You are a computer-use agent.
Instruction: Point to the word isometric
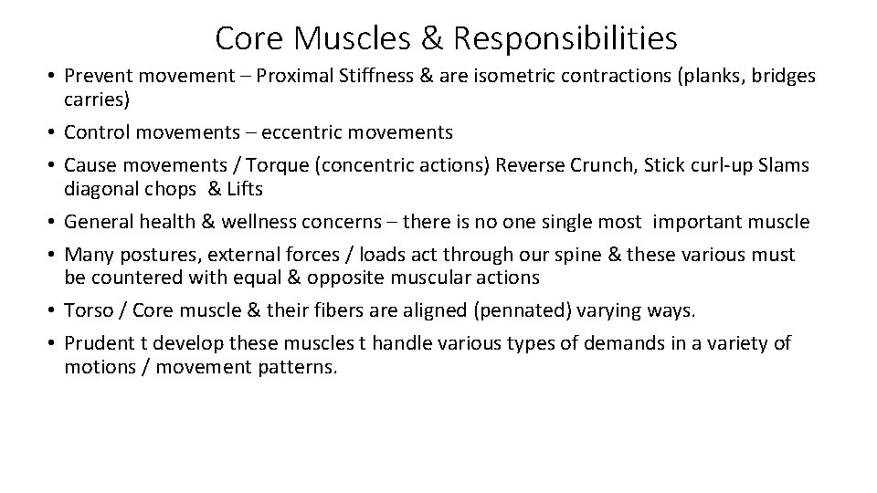point(509,76)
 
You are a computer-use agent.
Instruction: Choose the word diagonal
point(100,188)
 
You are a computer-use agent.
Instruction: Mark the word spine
point(590,255)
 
